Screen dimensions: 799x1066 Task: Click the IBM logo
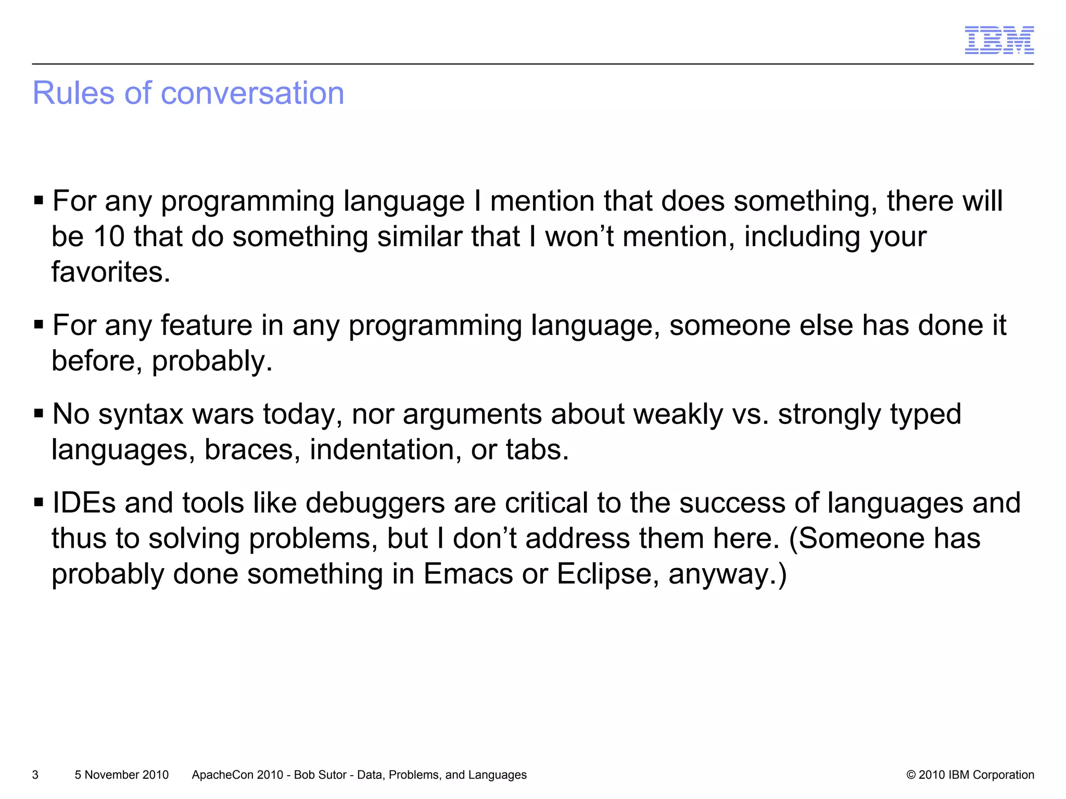tap(999, 40)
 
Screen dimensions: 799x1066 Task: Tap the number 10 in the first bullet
tap(109, 237)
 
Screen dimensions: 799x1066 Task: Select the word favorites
tap(110, 272)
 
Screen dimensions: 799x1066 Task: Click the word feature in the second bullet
tap(206, 326)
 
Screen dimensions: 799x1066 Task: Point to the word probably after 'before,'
tap(212, 361)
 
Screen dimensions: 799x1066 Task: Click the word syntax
tap(141, 415)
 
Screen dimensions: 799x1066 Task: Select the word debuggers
tap(375, 503)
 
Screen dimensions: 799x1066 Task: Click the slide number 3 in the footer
tap(35, 775)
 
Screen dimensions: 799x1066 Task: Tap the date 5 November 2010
tap(121, 775)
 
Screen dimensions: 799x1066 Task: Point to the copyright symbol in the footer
tap(911, 775)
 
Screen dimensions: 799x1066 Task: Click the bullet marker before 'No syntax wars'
tap(39, 414)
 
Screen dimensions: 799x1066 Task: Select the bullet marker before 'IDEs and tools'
tap(39, 503)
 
